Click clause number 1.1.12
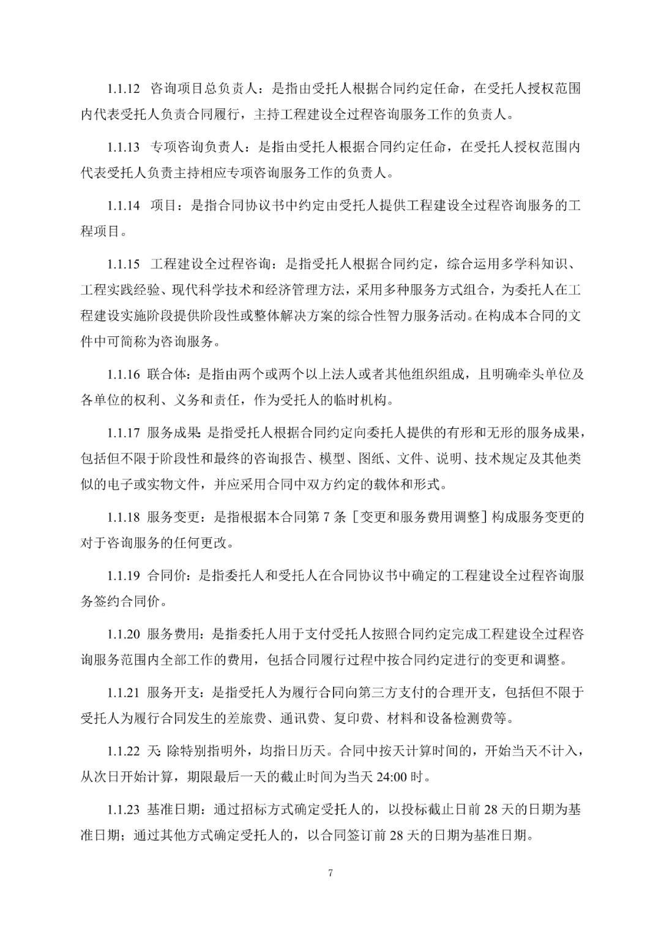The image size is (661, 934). pyautogui.click(x=124, y=89)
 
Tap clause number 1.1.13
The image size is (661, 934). pyautogui.click(x=124, y=147)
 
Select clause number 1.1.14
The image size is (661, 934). pyautogui.click(x=124, y=206)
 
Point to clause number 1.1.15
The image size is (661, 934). pyautogui.click(x=124, y=264)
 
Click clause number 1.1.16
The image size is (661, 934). pyautogui.click(x=124, y=374)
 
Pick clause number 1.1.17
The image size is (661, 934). pyautogui.click(x=124, y=433)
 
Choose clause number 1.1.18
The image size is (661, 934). pyautogui.click(x=124, y=517)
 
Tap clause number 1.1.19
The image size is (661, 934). pyautogui.click(x=124, y=576)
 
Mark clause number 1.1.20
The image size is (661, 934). pyautogui.click(x=124, y=634)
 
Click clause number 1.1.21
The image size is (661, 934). pyautogui.click(x=124, y=692)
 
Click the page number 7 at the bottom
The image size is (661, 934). pyautogui.click(x=330, y=873)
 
